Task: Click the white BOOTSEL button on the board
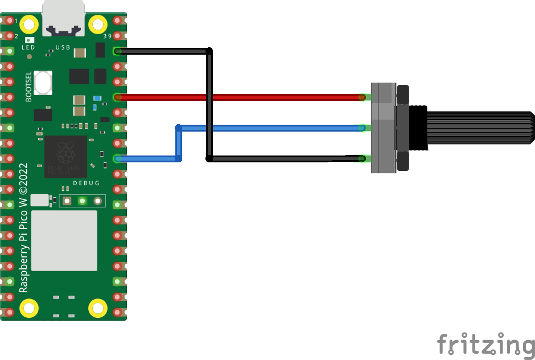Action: (43, 83)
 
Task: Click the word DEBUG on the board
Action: (86, 183)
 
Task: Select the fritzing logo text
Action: (485, 345)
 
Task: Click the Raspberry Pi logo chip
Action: (66, 156)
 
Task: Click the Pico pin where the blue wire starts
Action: (118, 158)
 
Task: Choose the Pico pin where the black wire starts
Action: (118, 51)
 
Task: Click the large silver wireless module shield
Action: (64, 240)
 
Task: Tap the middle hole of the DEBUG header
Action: (83, 201)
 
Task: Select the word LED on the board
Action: (28, 48)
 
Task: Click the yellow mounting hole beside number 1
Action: (29, 24)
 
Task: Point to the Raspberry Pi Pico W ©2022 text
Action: (23, 228)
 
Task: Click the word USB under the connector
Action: (63, 47)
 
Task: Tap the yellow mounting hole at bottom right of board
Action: (98, 308)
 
